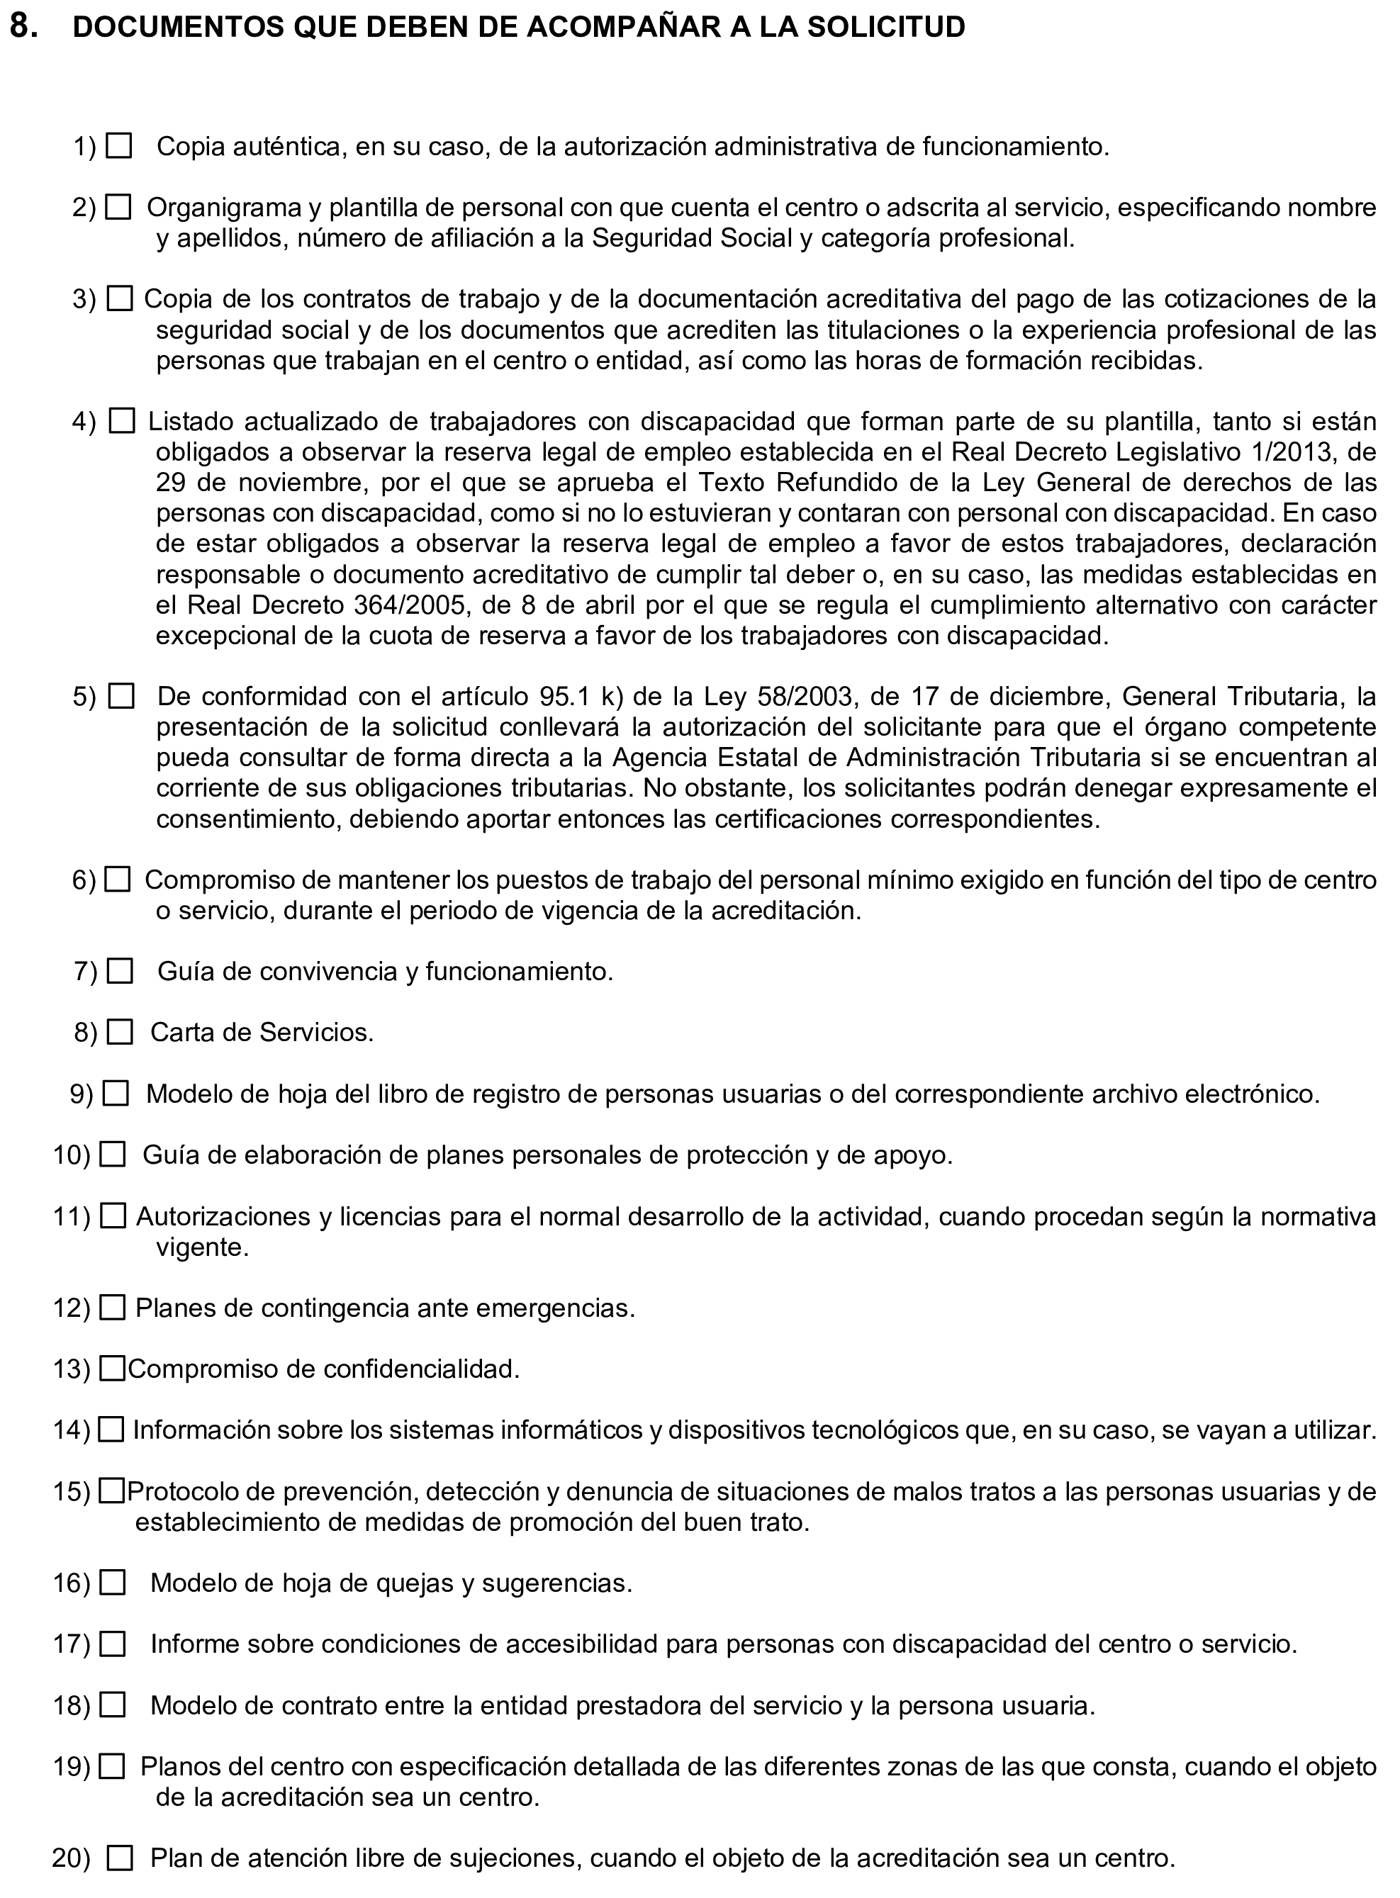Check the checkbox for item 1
tap(120, 147)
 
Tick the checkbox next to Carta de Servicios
tap(121, 1032)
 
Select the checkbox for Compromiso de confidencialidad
tap(112, 1369)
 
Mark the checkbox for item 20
tap(121, 1859)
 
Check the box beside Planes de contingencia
tap(112, 1308)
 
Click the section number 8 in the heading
tap(23, 27)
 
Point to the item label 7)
tap(86, 971)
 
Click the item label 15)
tap(71, 1491)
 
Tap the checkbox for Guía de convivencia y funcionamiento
tap(121, 971)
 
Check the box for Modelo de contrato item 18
tap(112, 1705)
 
